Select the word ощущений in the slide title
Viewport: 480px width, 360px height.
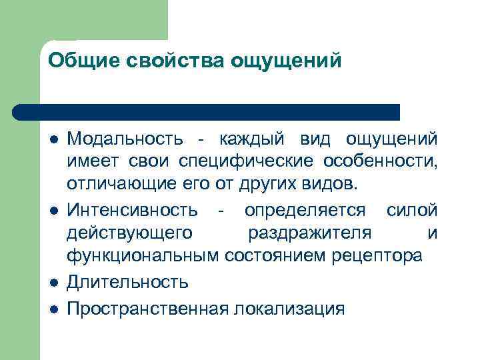point(285,61)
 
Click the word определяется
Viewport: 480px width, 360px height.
point(305,211)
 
